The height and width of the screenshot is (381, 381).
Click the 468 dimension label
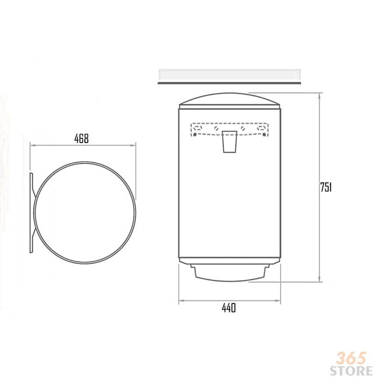[81, 138]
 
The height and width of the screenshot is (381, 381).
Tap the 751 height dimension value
[326, 187]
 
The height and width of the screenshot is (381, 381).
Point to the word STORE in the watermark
[351, 371]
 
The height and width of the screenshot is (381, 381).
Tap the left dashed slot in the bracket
[198, 127]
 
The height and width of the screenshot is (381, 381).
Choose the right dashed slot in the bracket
[262, 127]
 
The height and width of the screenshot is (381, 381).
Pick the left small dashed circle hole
[216, 128]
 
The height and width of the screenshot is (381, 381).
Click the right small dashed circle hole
[243, 128]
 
